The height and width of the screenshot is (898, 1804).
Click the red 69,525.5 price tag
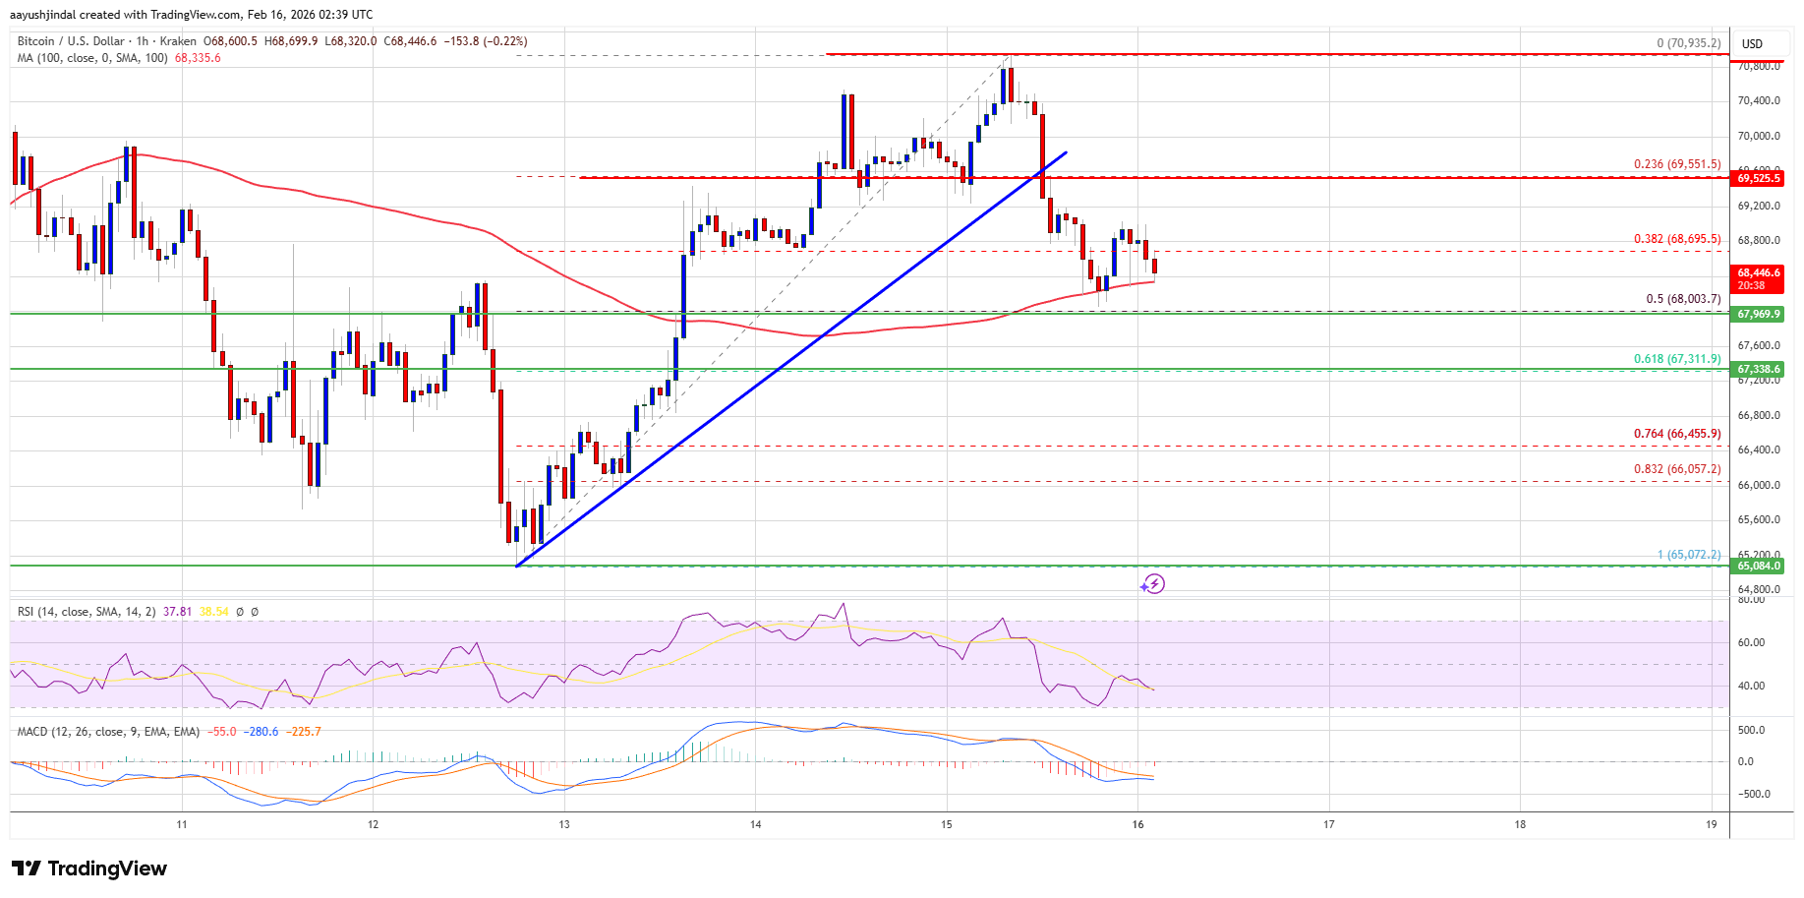pos(1759,178)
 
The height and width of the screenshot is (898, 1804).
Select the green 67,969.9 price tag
pos(1759,314)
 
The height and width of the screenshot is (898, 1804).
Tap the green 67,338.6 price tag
pos(1759,369)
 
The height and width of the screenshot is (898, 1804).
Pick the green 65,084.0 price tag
pos(1759,566)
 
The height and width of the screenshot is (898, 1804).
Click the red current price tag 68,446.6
pos(1759,273)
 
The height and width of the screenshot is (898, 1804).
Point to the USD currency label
pos(1752,43)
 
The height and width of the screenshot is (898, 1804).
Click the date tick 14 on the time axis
pos(755,824)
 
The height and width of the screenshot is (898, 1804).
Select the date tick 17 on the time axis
pos(1328,824)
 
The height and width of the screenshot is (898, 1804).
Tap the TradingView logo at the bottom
pos(89,868)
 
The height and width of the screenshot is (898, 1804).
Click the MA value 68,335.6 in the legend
pos(198,58)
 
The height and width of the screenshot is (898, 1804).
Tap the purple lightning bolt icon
pos(1153,584)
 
